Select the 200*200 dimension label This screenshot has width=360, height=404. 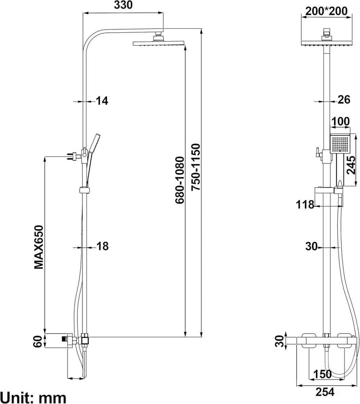pos(326,11)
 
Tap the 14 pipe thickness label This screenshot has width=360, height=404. pos(102,100)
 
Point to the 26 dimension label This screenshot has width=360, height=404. pos(344,99)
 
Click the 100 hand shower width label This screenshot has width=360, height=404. pos(340,121)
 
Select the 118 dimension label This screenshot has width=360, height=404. pos(305,204)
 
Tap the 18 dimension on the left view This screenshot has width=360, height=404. pos(102,246)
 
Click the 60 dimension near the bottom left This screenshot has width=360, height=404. pos(38,341)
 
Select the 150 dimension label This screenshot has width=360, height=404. pos(323,374)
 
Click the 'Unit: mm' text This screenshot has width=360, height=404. pos(33,397)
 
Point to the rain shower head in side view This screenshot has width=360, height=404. pos(159,43)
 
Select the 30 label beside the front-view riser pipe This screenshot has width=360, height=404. pos(312,246)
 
